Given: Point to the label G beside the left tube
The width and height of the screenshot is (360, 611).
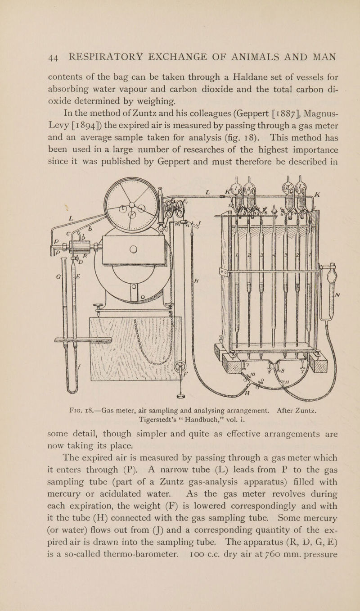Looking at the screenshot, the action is click(58, 276).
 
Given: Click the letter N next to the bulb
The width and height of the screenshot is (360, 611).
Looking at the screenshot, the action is click(337, 294).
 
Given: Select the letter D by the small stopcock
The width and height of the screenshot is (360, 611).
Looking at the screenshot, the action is click(81, 263).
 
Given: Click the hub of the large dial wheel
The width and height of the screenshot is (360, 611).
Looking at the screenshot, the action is click(132, 204).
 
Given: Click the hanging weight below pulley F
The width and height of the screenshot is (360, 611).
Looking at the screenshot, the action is click(181, 396).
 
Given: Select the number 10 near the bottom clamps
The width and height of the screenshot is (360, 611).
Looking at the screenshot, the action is click(252, 375).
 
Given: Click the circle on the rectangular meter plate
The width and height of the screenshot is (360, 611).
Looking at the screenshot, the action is click(133, 249).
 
